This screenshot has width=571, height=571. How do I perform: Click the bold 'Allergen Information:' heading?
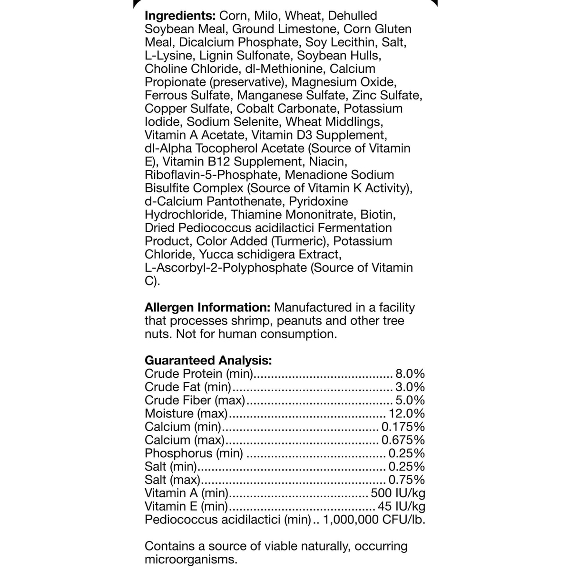(x=207, y=307)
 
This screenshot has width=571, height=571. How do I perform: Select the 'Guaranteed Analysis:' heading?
(x=208, y=360)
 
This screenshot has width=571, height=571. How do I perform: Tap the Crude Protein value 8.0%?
(x=410, y=374)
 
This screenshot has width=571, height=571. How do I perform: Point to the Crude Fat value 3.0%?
(x=410, y=387)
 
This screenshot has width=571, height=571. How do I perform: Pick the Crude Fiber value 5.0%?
(x=410, y=400)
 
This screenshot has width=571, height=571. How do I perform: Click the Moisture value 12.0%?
(x=407, y=413)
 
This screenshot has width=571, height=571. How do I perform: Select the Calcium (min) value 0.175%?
(x=403, y=427)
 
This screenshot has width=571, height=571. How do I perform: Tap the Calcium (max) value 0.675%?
(x=403, y=440)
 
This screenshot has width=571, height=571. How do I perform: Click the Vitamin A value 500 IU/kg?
(x=398, y=493)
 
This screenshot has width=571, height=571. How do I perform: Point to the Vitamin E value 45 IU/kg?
(x=401, y=507)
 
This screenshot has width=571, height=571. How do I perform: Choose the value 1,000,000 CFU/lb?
(x=374, y=520)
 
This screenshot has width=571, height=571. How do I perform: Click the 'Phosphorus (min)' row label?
(x=194, y=453)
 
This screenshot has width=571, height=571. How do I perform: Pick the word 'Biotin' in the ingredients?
(x=378, y=215)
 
